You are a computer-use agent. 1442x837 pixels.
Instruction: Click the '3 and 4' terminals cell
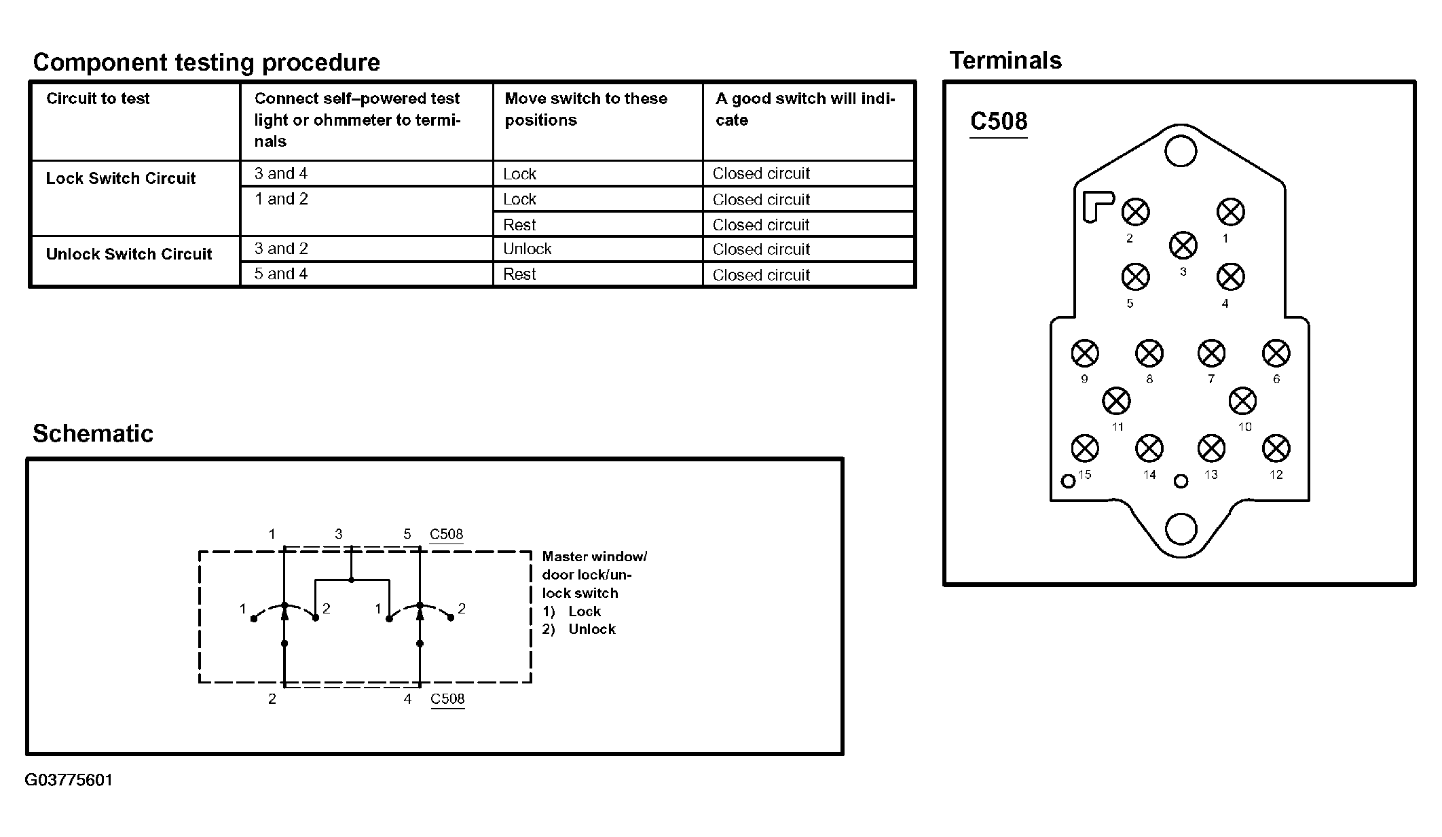point(281,174)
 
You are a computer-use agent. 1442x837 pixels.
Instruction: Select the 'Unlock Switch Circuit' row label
point(129,254)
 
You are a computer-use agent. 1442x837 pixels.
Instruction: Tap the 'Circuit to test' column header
point(98,99)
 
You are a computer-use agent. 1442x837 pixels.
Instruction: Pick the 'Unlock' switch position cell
point(528,249)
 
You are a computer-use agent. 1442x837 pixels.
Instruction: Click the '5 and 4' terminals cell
point(281,274)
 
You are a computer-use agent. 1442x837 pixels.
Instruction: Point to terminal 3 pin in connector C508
point(1183,245)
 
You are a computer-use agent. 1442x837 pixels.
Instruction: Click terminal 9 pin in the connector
point(1084,353)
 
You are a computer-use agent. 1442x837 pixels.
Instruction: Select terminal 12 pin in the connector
point(1276,448)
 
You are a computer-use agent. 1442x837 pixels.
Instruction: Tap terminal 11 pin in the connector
point(1116,401)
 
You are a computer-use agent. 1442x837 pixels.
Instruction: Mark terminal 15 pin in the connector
point(1084,448)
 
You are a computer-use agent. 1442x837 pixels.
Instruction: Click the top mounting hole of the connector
point(1181,151)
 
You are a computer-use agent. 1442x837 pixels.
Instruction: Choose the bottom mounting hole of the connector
point(1181,529)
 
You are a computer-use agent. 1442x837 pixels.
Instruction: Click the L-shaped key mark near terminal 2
point(1096,205)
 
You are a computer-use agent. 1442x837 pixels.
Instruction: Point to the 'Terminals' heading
point(1005,60)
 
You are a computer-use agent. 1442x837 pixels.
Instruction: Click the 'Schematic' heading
point(93,433)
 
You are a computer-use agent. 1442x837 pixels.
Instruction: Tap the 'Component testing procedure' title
point(206,63)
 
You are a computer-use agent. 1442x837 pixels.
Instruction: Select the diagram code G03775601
point(69,780)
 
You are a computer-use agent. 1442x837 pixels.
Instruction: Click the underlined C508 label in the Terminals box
point(999,122)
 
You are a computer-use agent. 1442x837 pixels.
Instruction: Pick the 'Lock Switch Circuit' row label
point(121,179)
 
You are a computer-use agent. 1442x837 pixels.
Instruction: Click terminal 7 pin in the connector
point(1211,353)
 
